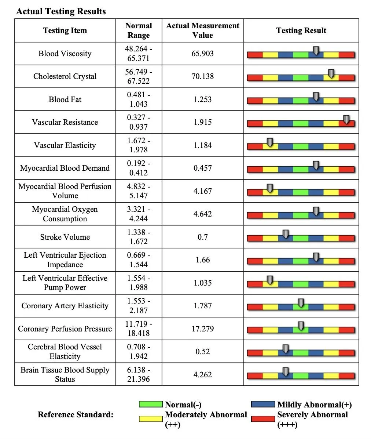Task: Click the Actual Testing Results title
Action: click(61, 11)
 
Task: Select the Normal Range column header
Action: click(138, 30)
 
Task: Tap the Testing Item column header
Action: click(65, 30)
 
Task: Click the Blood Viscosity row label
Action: click(65, 54)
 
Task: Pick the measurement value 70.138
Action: click(202, 76)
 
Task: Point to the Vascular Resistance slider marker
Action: click(346, 119)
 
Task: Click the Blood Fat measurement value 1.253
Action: click(202, 99)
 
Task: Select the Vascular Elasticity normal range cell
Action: click(138, 145)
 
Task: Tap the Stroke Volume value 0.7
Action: click(202, 237)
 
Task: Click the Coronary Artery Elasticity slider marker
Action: click(301, 303)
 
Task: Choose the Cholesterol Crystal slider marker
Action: click(331, 73)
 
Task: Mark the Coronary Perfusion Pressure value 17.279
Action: click(202, 329)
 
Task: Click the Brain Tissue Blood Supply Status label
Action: click(65, 374)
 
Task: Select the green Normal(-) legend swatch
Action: click(150, 404)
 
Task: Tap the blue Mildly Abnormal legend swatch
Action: click(263, 404)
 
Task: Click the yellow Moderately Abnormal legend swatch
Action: click(150, 418)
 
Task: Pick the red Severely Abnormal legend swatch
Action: click(263, 418)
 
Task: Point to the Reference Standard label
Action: click(76, 415)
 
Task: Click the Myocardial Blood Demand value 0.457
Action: click(202, 168)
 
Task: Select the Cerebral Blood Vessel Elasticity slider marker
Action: click(285, 349)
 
